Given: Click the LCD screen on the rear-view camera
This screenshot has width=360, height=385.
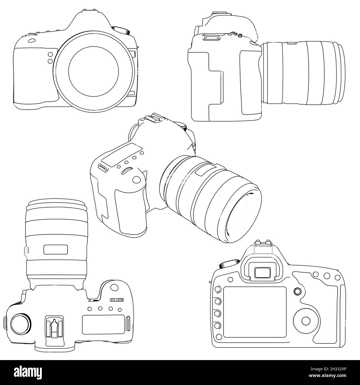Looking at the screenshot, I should (254, 312).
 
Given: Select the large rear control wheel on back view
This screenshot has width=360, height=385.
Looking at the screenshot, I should (306, 321).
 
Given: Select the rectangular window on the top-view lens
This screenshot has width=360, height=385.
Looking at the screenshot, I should (56, 250).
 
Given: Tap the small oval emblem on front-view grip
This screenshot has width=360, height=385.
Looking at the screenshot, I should (31, 41).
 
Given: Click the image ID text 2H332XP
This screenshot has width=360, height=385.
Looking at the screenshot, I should (338, 373).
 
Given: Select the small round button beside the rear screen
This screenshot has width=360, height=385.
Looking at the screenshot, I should (298, 291).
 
